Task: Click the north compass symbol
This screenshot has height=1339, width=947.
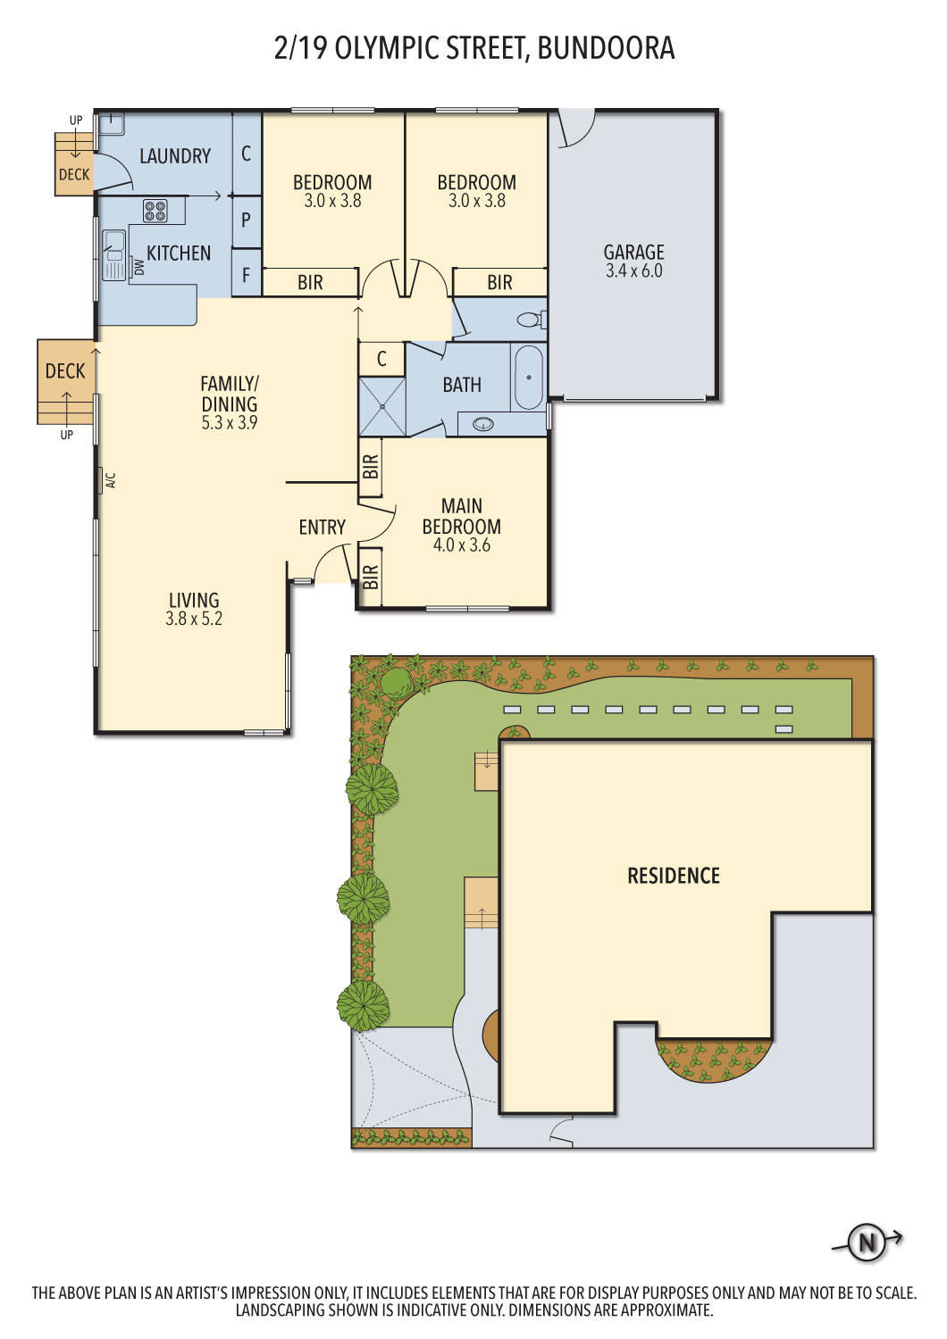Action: [x=867, y=1243]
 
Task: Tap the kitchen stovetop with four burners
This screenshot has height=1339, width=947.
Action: [x=155, y=210]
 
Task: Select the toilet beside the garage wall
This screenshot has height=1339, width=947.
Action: [x=531, y=320]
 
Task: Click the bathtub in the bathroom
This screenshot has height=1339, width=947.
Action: [x=529, y=378]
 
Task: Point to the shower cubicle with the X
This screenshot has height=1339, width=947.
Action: [x=382, y=406]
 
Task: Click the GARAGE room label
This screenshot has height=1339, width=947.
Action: [x=633, y=252]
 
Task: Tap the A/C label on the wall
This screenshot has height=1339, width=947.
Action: [x=111, y=480]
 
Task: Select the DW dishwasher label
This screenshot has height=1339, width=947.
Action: [x=138, y=267]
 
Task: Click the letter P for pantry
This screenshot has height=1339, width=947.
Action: [x=246, y=220]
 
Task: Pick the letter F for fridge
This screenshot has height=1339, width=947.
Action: [x=246, y=275]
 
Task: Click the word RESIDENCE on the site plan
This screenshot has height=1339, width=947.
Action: [x=674, y=876]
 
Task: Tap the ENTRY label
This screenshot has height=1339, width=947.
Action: [x=323, y=527]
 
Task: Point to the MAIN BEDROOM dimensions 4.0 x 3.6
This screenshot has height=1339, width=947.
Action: [x=462, y=545]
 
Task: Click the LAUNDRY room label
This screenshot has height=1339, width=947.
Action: [x=175, y=156]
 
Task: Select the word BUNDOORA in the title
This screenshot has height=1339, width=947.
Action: [x=606, y=48]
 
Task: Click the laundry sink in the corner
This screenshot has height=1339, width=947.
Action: [x=111, y=124]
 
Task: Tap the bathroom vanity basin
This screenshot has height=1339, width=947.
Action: [x=482, y=424]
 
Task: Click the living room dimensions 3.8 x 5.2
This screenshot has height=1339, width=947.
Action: [x=194, y=618]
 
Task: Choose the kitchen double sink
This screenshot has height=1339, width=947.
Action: [x=113, y=255]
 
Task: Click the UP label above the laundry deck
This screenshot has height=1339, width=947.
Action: [x=76, y=121]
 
